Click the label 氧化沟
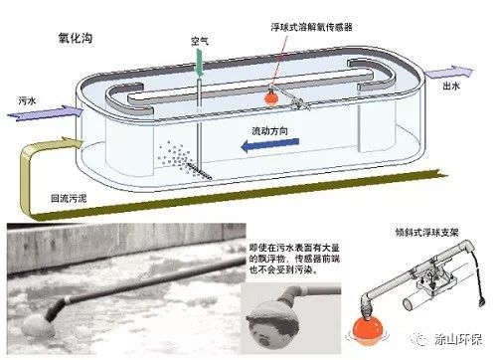click(x=77, y=37)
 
